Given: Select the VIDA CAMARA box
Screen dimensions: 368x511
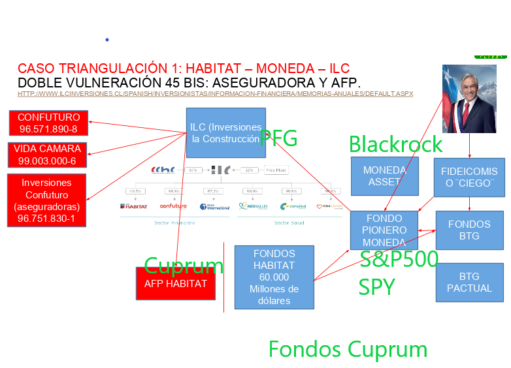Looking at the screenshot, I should click(x=47, y=155).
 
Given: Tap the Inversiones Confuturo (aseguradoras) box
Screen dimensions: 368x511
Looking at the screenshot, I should click(x=46, y=200).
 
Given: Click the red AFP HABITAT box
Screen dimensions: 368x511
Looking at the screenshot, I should click(x=175, y=284).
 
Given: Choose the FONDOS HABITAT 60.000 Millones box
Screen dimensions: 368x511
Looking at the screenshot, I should click(x=274, y=277).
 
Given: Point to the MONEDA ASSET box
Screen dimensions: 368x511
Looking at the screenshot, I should click(x=384, y=176).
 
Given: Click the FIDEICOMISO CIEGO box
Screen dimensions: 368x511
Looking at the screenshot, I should click(x=469, y=177).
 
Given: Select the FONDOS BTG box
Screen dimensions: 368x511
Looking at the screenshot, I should click(x=469, y=230).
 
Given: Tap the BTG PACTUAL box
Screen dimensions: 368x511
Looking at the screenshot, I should click(x=469, y=283).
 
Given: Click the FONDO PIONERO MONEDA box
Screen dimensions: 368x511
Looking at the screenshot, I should click(x=384, y=230).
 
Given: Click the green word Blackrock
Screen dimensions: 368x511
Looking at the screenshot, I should click(x=395, y=144).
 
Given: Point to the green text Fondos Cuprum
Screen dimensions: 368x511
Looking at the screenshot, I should click(x=348, y=350).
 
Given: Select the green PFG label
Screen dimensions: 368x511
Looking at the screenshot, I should click(x=279, y=138).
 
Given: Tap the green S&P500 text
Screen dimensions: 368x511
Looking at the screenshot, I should click(x=399, y=260).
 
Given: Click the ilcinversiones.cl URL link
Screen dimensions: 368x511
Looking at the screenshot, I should click(x=215, y=94).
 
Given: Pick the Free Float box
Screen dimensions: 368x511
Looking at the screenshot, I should click(x=276, y=170).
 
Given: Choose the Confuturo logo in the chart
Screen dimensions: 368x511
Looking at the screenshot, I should click(x=173, y=206).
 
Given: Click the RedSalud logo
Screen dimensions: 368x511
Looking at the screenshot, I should click(x=252, y=206).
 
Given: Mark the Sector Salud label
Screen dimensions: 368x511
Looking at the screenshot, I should click(x=289, y=222).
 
